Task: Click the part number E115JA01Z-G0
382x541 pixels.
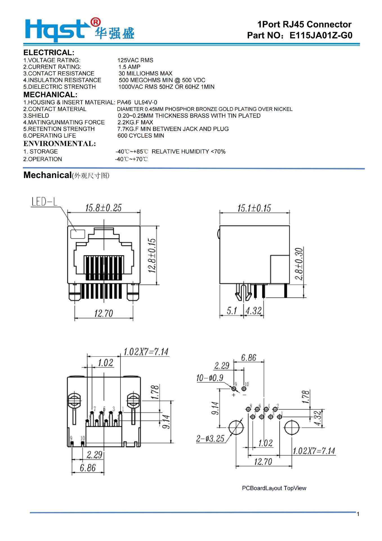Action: tap(321, 36)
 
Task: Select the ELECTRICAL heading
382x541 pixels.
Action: tap(49, 52)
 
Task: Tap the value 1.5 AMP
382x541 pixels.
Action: tap(129, 67)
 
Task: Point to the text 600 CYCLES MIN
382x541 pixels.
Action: tap(141, 136)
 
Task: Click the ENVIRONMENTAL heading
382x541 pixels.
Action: tap(59, 144)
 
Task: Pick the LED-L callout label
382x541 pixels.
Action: tap(44, 202)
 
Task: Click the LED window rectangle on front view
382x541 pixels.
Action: tap(77, 234)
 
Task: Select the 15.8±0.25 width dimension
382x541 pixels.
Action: tap(103, 208)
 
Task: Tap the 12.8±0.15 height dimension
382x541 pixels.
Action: tap(152, 255)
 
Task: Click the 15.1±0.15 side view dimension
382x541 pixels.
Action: tap(254, 208)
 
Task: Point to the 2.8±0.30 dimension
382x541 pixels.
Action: tap(299, 264)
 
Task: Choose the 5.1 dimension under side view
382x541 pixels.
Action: tap(232, 311)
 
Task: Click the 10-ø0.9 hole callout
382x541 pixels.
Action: tap(210, 378)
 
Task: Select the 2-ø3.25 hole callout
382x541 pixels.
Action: tap(210, 438)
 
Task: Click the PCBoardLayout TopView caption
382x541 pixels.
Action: tap(274, 488)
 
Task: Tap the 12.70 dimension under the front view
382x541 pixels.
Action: tap(103, 313)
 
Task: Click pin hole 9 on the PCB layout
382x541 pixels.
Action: tap(234, 389)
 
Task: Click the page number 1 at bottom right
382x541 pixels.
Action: tap(358, 514)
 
